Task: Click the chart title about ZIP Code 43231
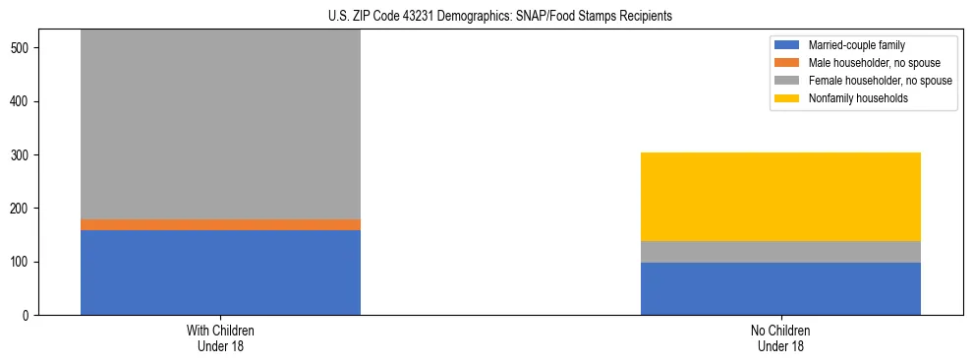click(486, 17)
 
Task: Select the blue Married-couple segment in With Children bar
click(220, 273)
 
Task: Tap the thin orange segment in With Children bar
click(220, 224)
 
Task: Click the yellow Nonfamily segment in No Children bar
click(780, 197)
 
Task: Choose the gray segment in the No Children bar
click(780, 252)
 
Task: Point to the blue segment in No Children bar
click(780, 288)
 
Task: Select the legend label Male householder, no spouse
click(874, 63)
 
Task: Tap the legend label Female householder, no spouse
click(880, 81)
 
